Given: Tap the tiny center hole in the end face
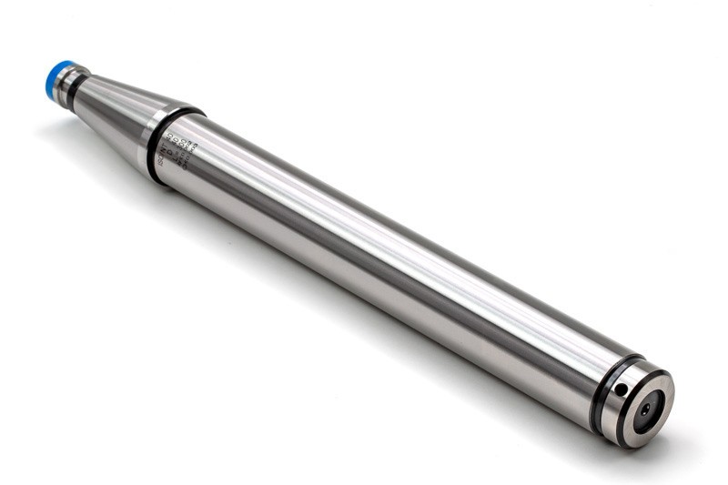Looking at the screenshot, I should click(645, 410).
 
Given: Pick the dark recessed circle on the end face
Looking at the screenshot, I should click(645, 410).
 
